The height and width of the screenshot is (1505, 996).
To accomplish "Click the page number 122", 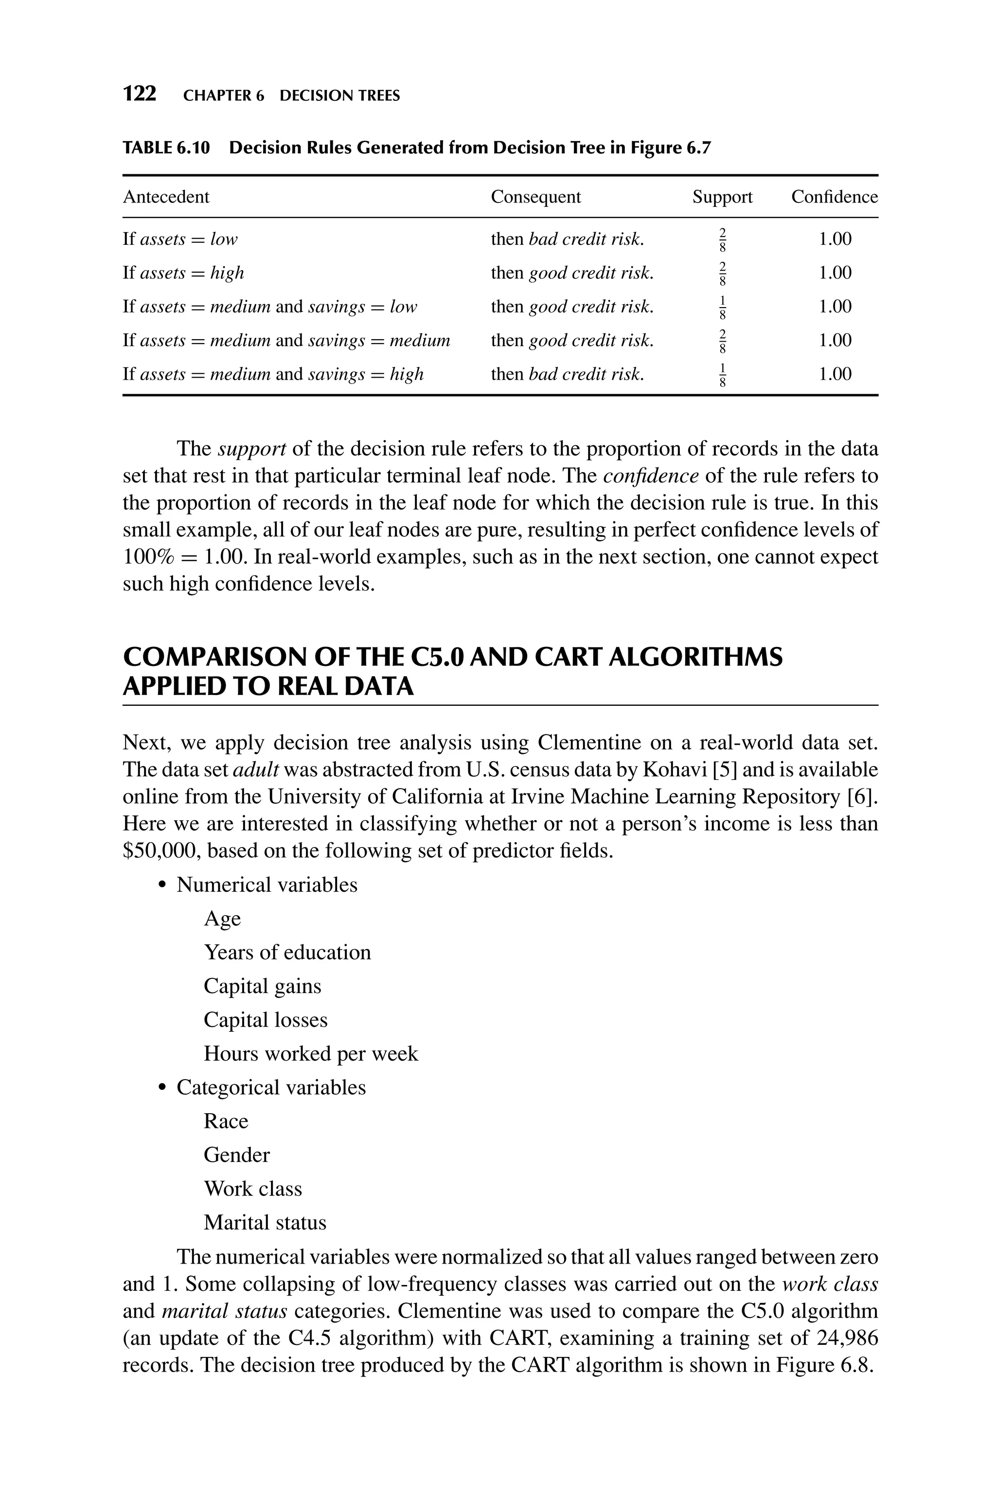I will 139,94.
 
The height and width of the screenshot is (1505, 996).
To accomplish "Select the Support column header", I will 722,197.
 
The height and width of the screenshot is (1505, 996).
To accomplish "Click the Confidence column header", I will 834,197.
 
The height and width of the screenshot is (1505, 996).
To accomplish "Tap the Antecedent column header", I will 166,197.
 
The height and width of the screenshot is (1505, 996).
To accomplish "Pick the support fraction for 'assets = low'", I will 722,239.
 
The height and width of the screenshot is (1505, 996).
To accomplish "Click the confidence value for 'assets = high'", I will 835,273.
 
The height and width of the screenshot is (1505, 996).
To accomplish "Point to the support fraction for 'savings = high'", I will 722,374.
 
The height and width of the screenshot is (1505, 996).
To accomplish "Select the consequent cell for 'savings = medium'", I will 572,341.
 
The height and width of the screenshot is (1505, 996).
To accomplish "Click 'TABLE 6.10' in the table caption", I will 166,148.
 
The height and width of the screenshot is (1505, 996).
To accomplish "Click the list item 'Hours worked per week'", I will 311,1053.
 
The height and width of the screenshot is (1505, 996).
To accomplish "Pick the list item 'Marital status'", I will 265,1222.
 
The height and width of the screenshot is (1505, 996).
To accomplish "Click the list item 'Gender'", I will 236,1155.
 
